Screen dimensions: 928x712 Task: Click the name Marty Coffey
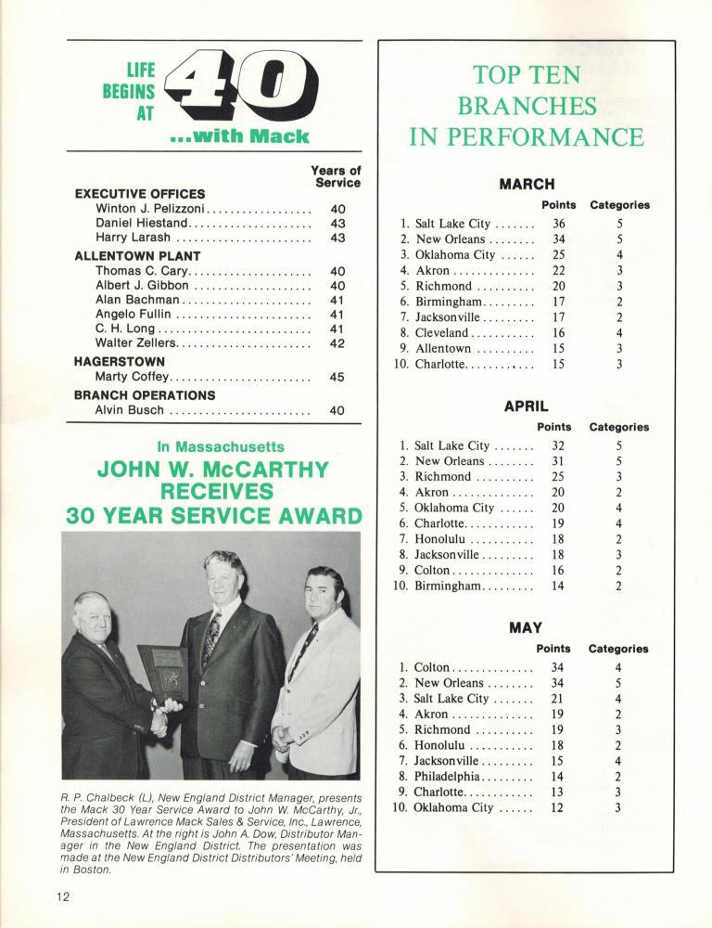coord(131,378)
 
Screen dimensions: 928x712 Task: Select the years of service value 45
coord(337,378)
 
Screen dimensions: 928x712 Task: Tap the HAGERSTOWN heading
coord(120,361)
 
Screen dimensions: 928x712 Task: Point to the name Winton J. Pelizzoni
coord(149,210)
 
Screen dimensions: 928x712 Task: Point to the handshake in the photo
coord(167,709)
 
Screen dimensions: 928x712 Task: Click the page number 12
coord(62,897)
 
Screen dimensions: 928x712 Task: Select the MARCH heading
coord(527,184)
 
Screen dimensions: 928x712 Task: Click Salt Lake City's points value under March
coord(558,224)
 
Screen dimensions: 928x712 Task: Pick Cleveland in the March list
coord(442,332)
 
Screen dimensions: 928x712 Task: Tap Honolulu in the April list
coord(441,538)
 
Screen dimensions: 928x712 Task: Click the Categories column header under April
coord(618,427)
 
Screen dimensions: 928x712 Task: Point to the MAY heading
coord(526,628)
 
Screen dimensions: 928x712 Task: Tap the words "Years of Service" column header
coord(337,176)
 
